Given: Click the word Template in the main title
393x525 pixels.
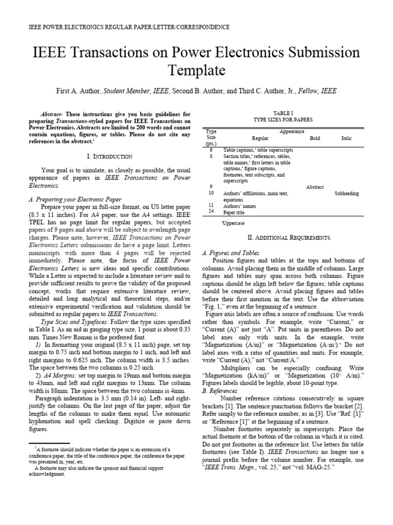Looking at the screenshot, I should pyautogui.click(x=196, y=70).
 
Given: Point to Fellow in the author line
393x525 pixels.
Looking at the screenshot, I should pyautogui.click(x=308, y=91).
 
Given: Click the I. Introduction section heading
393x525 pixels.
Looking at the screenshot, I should pyautogui.click(x=110, y=156).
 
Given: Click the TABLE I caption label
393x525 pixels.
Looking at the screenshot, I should pyautogui.click(x=283, y=112).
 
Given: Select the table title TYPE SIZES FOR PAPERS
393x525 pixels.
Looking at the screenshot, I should pyautogui.click(x=283, y=119).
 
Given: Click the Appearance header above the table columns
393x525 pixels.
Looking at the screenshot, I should pyautogui.click(x=292, y=131).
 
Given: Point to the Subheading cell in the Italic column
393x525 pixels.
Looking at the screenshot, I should pyautogui.click(x=346, y=194).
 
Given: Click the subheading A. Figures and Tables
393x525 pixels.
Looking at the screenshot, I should pyautogui.click(x=231, y=253).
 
